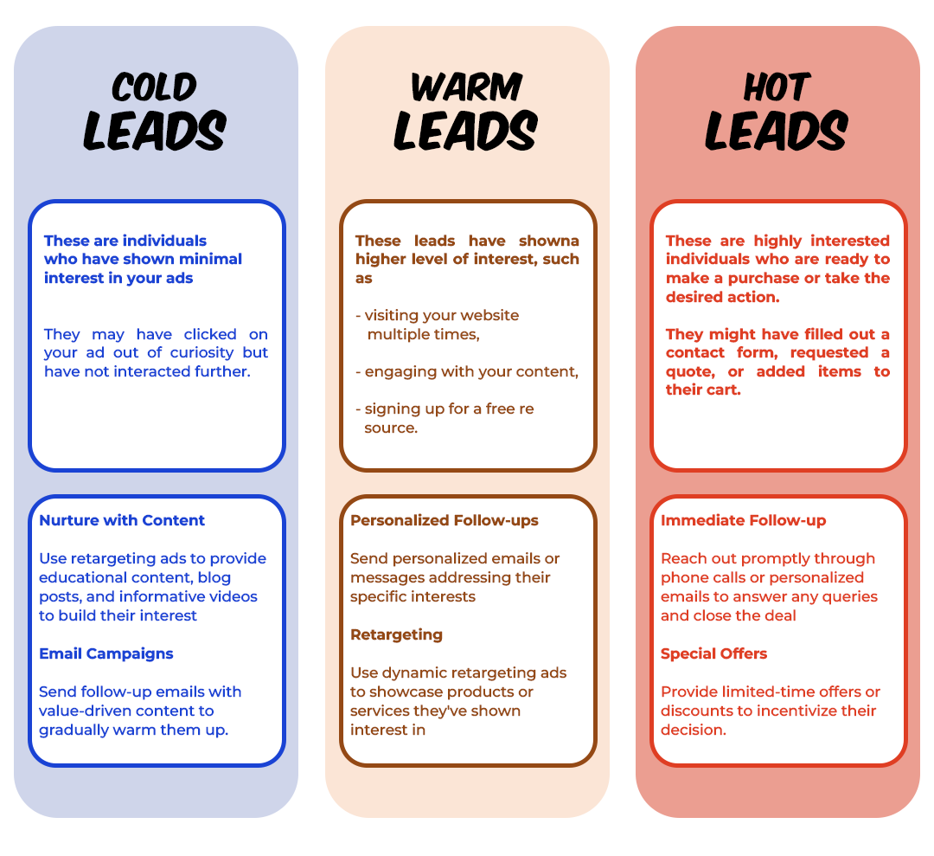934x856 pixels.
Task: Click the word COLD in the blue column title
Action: point(155,87)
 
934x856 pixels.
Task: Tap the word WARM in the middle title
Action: point(466,87)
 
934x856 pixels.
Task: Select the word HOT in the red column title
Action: point(777,87)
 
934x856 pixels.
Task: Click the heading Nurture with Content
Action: point(122,520)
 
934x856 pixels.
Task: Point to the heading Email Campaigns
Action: point(106,653)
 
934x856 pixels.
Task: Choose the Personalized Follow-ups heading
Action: point(445,520)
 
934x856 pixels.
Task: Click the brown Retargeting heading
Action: point(396,634)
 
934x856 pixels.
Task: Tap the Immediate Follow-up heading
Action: point(744,520)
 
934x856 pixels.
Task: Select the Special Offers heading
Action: point(714,653)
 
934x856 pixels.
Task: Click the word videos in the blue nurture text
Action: point(233,596)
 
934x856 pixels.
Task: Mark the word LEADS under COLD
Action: point(155,132)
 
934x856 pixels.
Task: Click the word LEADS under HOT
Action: point(777,132)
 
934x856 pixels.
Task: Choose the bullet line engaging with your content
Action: point(467,371)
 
